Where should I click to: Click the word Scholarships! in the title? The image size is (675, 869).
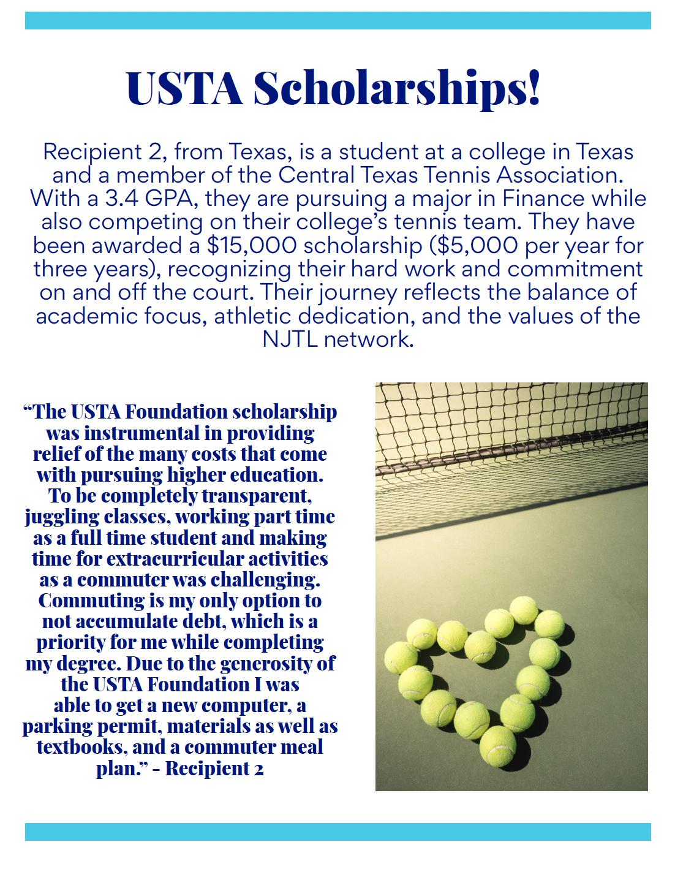[397, 88]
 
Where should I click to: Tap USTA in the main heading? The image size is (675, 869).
[184, 88]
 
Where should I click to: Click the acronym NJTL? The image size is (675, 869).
[289, 340]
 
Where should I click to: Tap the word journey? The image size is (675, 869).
[358, 293]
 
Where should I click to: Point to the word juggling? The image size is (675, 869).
[62, 517]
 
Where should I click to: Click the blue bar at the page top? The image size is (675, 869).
[337, 20]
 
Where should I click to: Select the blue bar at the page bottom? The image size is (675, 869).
[337, 832]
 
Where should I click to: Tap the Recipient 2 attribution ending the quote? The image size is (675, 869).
[214, 768]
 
